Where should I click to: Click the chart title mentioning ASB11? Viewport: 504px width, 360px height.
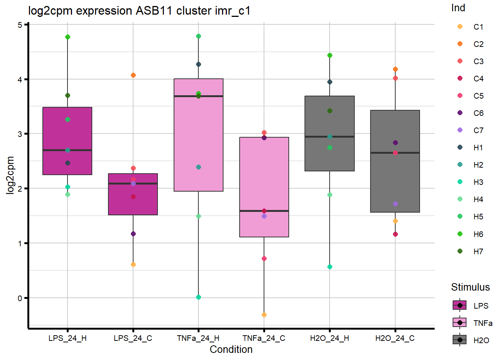click(x=139, y=11)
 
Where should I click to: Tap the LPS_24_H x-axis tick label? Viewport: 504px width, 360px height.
click(x=67, y=338)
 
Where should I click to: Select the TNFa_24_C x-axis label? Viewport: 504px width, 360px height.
click(x=264, y=338)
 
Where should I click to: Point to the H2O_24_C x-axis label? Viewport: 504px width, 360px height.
click(x=395, y=338)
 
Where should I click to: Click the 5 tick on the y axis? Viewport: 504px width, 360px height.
click(x=19, y=25)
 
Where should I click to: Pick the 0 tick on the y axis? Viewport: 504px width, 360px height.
click(x=19, y=298)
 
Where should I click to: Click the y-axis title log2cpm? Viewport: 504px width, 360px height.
click(x=10, y=175)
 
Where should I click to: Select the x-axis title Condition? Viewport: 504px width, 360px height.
click(x=231, y=349)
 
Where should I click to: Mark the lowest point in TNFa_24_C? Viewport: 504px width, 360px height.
click(x=264, y=315)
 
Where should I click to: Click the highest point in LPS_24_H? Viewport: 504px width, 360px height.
click(x=67, y=37)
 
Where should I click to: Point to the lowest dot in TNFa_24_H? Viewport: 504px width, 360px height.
click(x=198, y=297)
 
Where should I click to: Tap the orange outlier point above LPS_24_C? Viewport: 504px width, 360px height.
click(x=133, y=75)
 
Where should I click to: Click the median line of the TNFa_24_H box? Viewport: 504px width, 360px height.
click(x=198, y=96)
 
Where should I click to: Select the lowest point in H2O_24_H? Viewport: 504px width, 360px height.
click(x=330, y=267)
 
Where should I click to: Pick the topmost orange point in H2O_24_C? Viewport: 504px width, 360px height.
click(x=395, y=69)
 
